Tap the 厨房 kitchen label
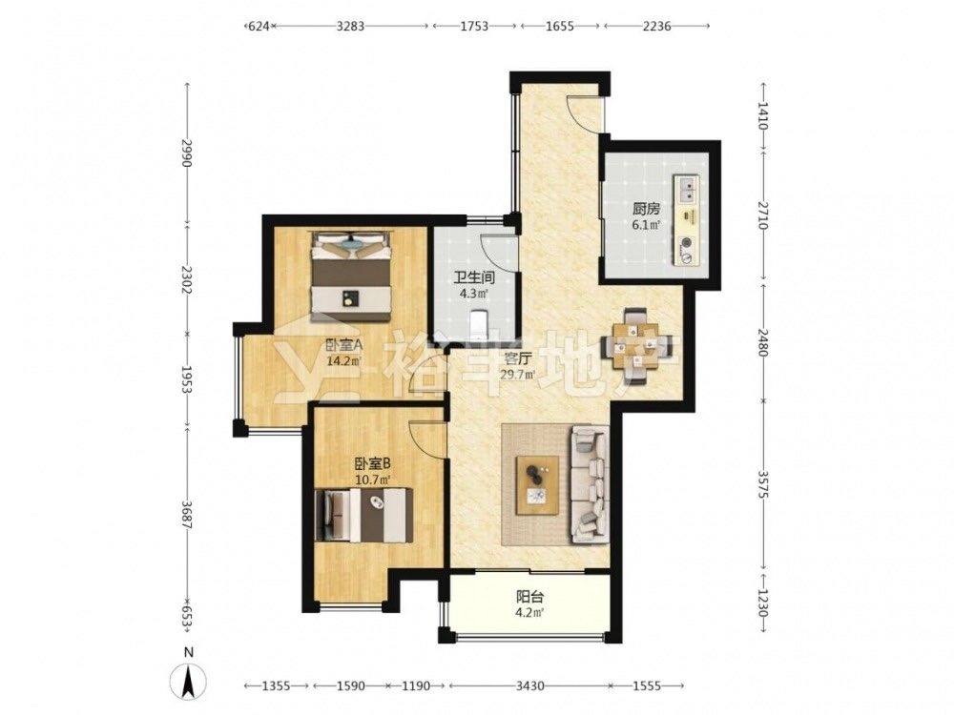click(x=646, y=209)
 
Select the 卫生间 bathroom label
click(x=473, y=278)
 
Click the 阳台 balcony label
click(x=529, y=596)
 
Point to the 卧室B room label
click(x=373, y=464)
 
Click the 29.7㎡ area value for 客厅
click(x=518, y=375)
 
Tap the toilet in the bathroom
click(x=480, y=323)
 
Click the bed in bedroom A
click(x=350, y=276)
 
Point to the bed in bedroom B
click(x=363, y=515)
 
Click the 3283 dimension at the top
click(x=350, y=26)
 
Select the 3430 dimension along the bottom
click(x=529, y=685)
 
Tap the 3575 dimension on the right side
click(x=763, y=484)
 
